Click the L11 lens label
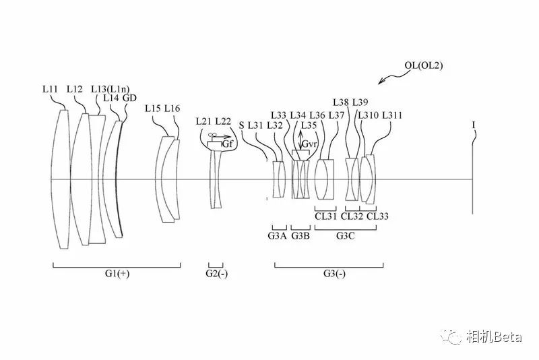pos(50,89)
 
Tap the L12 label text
pos(75,89)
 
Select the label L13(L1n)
pos(110,90)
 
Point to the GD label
pos(129,98)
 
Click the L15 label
pos(153,109)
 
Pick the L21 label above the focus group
pos(203,121)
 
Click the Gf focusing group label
pos(228,144)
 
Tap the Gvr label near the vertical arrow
pos(309,144)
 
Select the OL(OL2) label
pos(424,65)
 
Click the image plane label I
pos(474,125)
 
